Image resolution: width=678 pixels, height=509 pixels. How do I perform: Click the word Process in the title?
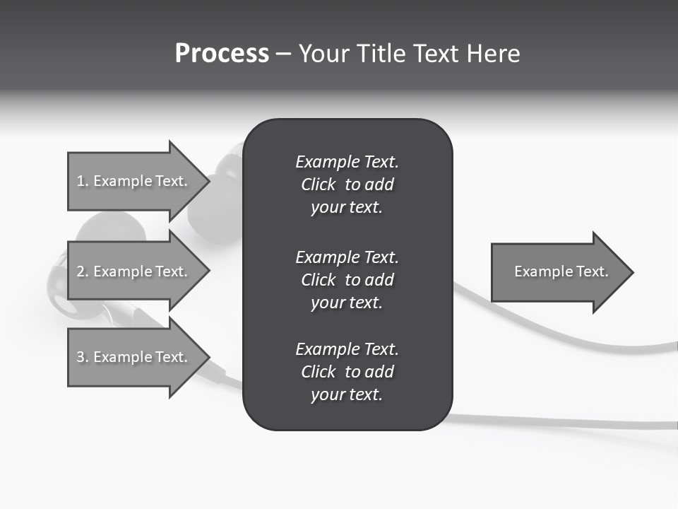(x=222, y=54)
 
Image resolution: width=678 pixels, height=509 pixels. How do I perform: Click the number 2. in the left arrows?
(x=82, y=271)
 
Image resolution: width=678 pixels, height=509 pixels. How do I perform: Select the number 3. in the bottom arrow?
(x=82, y=357)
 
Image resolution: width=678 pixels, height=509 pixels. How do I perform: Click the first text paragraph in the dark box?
(x=347, y=185)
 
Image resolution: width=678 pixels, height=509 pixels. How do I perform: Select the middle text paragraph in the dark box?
(x=347, y=280)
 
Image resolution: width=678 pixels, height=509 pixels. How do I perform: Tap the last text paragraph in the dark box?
(x=347, y=372)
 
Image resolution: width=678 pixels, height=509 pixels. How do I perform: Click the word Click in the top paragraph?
(x=318, y=185)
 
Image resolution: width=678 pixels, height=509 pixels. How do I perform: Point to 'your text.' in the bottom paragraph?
(x=347, y=394)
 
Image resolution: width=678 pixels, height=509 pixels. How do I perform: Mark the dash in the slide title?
(x=283, y=54)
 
